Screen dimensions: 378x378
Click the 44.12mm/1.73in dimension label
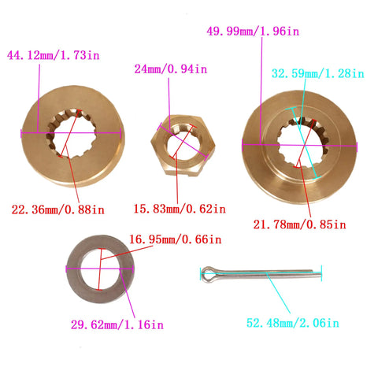pos(54,55)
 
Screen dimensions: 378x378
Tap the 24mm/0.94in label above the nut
pos(171,69)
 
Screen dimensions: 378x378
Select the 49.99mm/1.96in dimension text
pos(253,31)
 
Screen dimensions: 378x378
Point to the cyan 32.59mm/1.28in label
pos(318,73)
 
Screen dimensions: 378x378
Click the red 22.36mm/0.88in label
pos(58,209)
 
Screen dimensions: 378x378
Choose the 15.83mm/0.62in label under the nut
pos(180,209)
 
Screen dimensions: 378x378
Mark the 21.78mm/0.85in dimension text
pos(299,224)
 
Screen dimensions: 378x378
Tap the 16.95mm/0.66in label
pos(176,239)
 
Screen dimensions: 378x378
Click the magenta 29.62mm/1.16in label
pos(117,324)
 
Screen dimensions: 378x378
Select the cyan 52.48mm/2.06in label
pos(293,323)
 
